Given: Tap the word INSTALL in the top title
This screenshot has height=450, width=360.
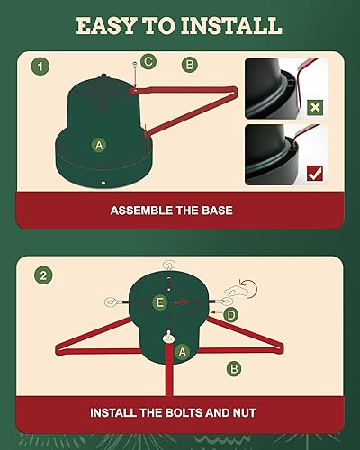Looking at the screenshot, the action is tap(231, 26).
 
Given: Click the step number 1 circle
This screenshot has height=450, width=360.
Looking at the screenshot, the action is tap(40, 67).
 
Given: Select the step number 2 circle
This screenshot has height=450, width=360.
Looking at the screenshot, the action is tap(43, 275).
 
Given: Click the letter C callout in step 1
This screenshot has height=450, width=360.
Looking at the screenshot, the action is tap(148, 61).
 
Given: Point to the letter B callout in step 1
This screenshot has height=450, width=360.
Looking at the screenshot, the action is tap(190, 65).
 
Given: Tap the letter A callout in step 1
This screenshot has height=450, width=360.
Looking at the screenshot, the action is tap(99, 145).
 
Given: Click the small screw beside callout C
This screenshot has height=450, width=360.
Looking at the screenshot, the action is tap(135, 66).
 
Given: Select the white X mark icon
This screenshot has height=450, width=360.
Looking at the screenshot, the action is tap(315, 107).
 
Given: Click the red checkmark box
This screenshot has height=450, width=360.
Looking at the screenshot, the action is tap(315, 174).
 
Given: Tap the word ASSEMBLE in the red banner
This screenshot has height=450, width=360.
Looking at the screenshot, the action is tap(141, 211).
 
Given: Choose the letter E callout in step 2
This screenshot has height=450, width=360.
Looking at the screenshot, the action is tap(160, 302).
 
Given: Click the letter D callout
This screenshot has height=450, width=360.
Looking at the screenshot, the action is tap(230, 315).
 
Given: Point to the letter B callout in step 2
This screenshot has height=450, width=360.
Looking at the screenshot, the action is tap(234, 368).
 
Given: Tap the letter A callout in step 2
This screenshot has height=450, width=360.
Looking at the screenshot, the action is tap(183, 352).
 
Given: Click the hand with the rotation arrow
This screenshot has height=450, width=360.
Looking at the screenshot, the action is tap(241, 290).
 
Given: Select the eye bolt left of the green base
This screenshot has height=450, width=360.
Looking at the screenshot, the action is tap(115, 302).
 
